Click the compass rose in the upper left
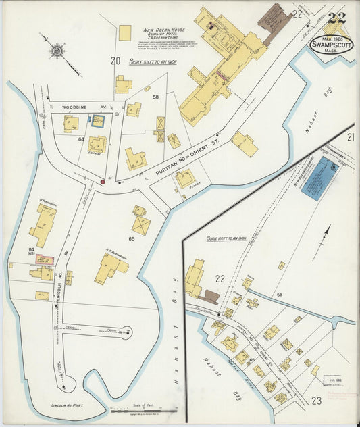pyautogui.click(x=57, y=49)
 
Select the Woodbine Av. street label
pyautogui.click(x=75, y=106)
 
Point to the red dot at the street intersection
pyautogui.click(x=103, y=181)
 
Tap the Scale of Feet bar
pyautogui.click(x=143, y=410)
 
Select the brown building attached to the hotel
pyautogui.click(x=274, y=21)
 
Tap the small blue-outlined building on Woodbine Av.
pyautogui.click(x=98, y=121)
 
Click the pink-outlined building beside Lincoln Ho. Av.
pyautogui.click(x=45, y=259)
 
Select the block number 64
pyautogui.click(x=81, y=139)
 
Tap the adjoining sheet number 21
pyautogui.click(x=351, y=137)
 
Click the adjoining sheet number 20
pyautogui.click(x=115, y=61)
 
